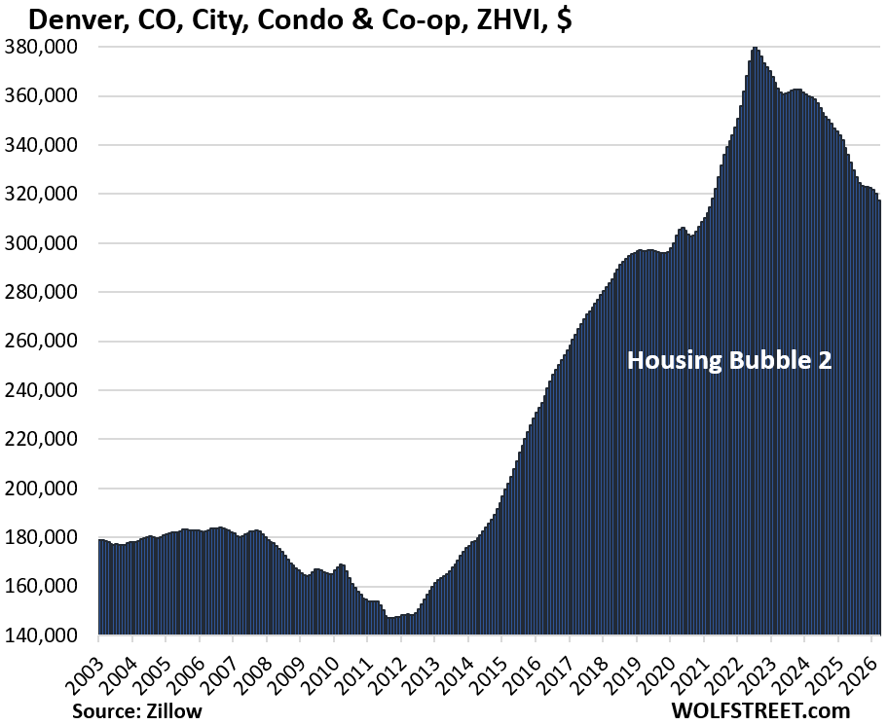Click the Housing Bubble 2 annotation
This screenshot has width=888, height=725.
coord(729,360)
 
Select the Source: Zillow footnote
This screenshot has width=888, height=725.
coord(137,711)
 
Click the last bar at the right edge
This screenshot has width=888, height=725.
coord(879,418)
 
